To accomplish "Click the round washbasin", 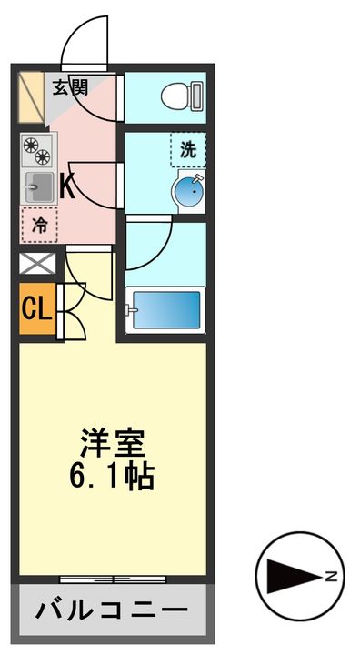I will click(188, 192).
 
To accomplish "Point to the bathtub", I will click(166, 308).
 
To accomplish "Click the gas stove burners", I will click(39, 148).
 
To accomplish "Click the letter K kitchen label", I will click(66, 186).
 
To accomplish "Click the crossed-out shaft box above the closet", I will click(37, 265).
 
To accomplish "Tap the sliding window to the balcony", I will click(114, 579).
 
